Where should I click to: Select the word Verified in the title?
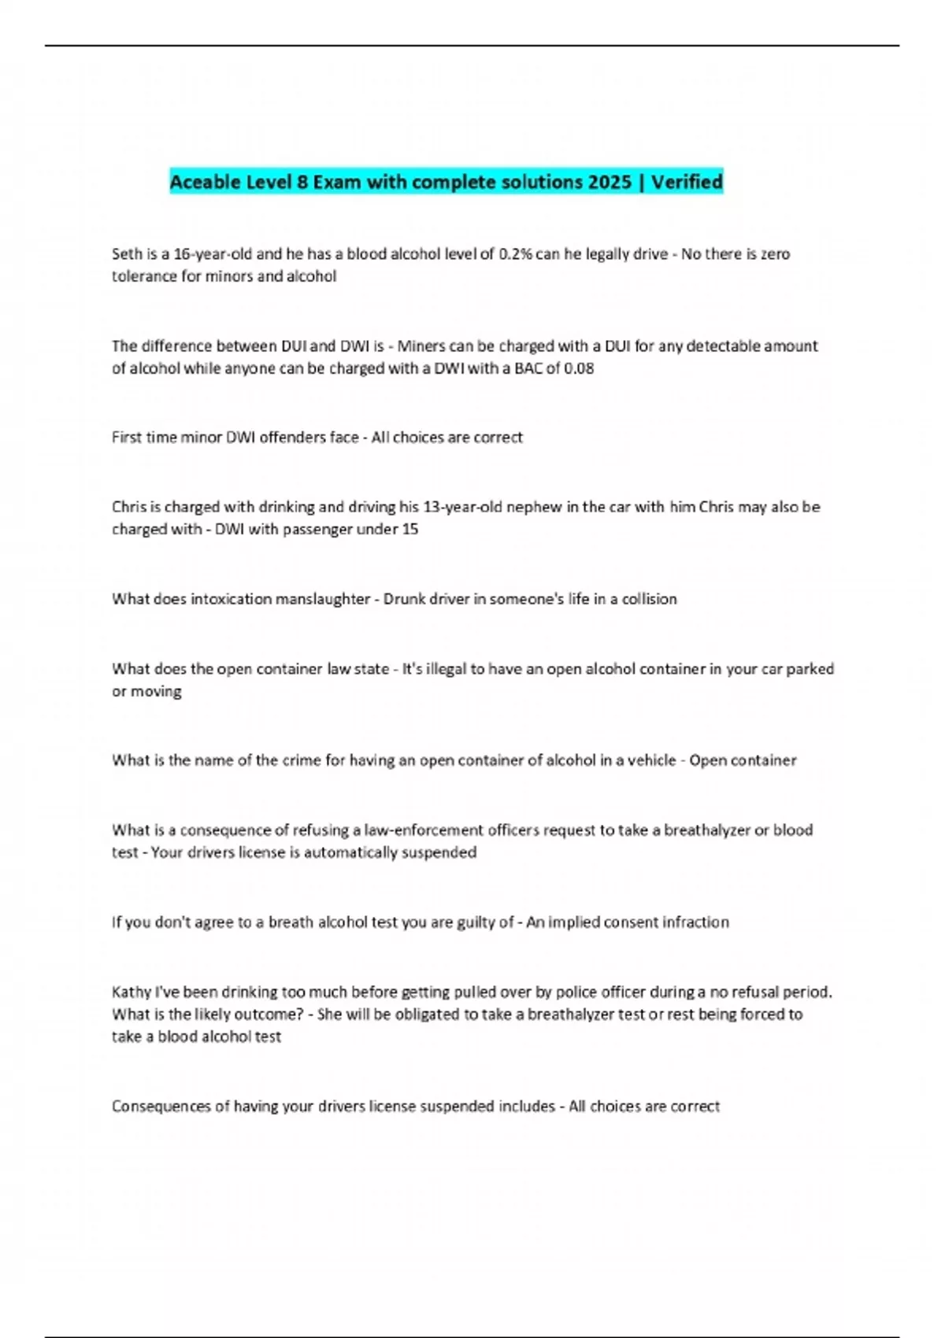[x=687, y=182]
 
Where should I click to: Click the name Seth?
[x=126, y=254]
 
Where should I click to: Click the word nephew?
[x=534, y=507]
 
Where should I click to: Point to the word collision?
[x=649, y=599]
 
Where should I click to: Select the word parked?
[x=810, y=669]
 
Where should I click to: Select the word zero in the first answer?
[x=776, y=254]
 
